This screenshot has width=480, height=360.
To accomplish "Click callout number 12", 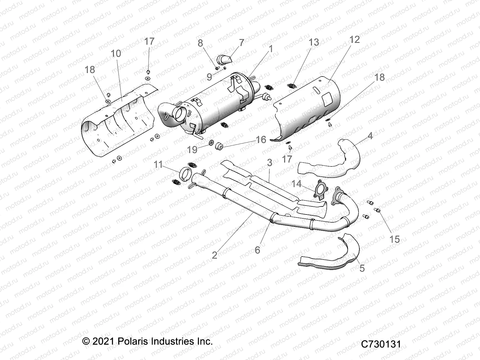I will click(x=354, y=40).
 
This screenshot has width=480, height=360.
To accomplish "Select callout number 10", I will click(x=116, y=54).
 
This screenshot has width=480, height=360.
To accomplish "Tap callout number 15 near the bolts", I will click(x=395, y=239).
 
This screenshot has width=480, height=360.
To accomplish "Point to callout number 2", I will click(x=214, y=255).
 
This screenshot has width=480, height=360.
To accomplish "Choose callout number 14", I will click(x=296, y=184).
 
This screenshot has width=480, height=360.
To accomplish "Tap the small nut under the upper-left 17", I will click(x=148, y=71).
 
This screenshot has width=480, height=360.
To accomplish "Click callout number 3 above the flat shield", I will click(x=269, y=163).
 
